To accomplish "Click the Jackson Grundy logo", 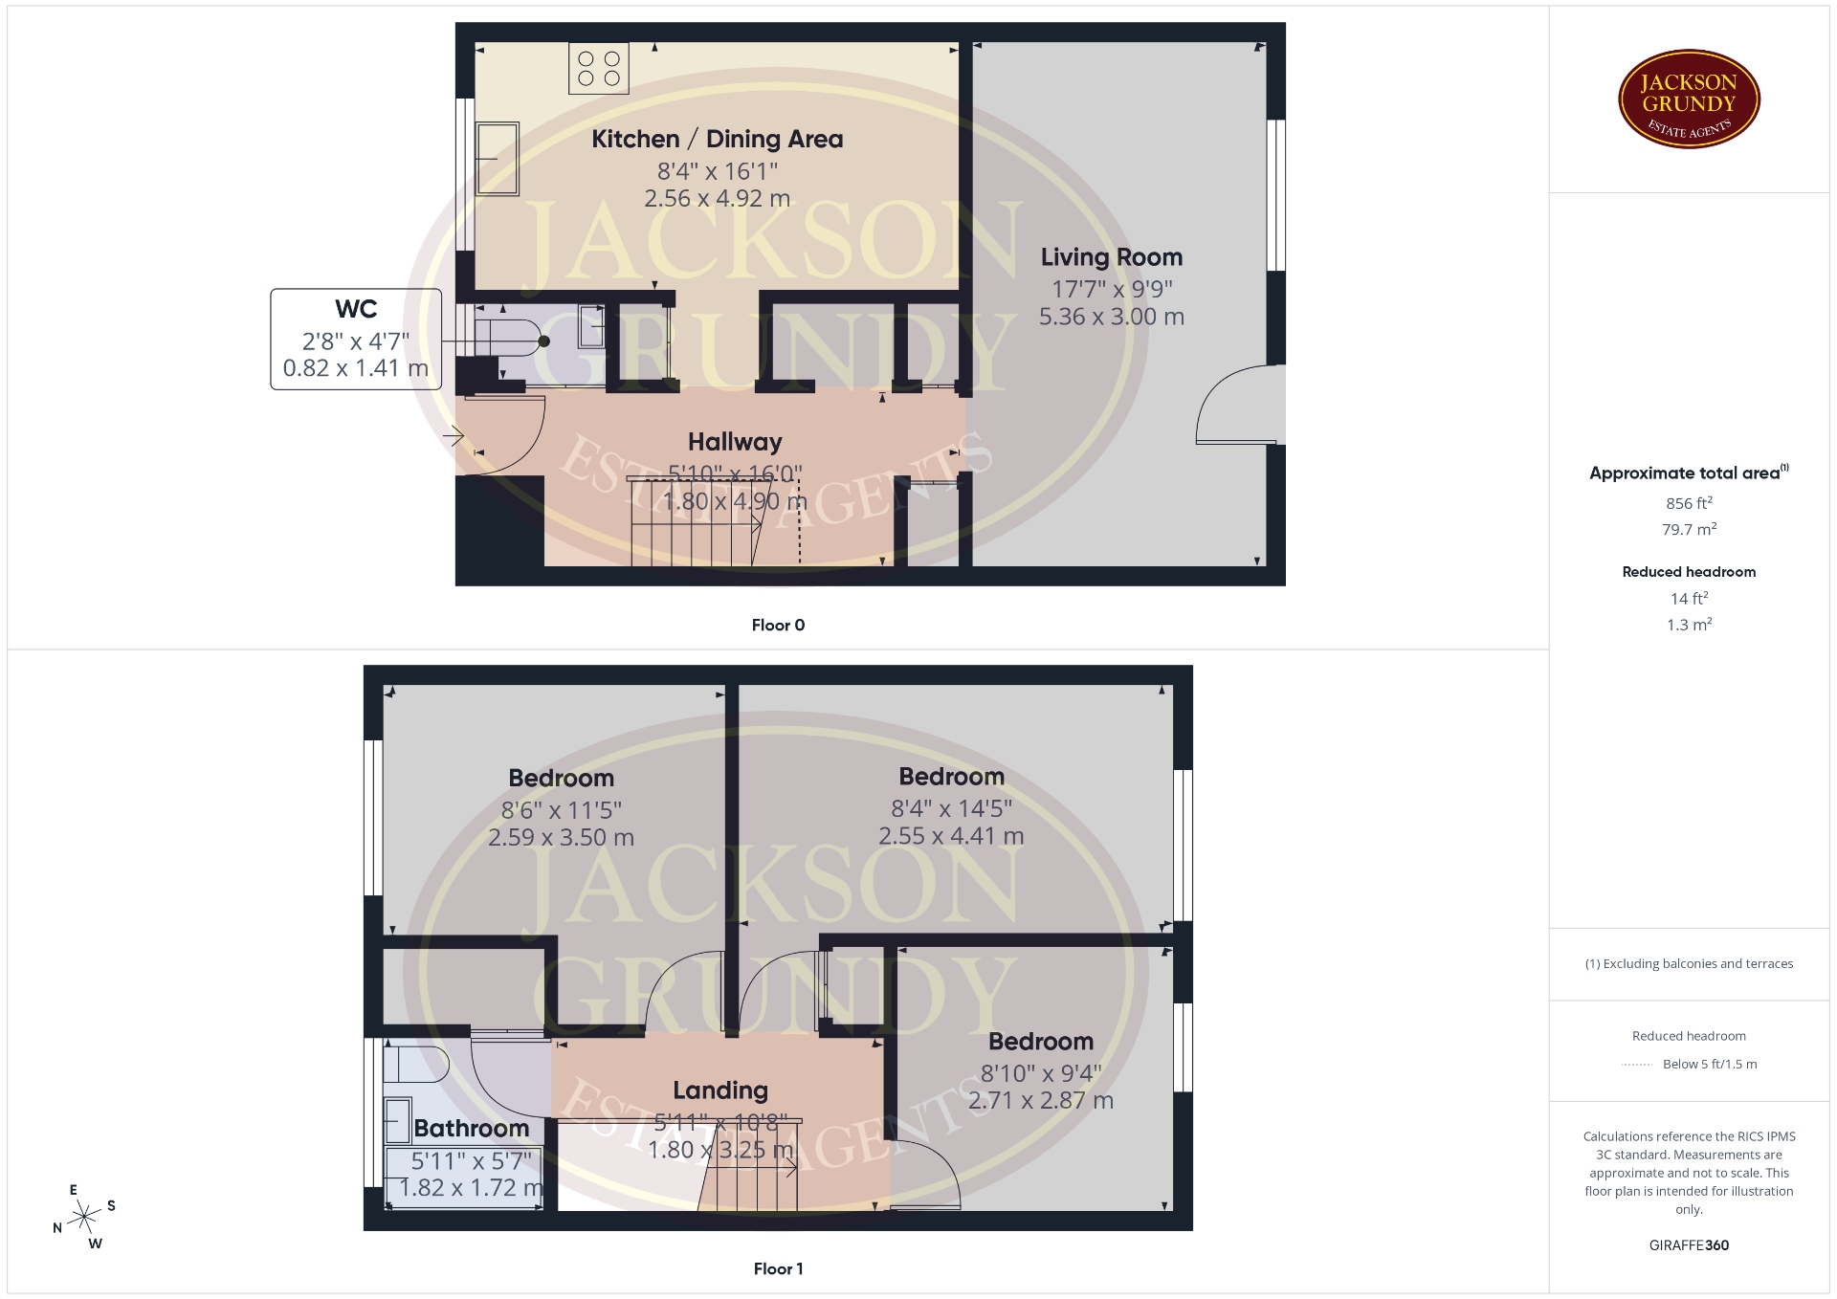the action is tap(1689, 99).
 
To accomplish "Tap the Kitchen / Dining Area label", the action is tap(718, 140).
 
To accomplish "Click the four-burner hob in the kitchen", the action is tap(599, 68).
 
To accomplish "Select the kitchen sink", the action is tap(498, 158).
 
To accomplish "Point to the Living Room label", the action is tap(1112, 257).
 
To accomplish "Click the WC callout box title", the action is tap(356, 309).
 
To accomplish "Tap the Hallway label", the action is tap(735, 442).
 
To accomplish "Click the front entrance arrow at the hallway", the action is tap(454, 437).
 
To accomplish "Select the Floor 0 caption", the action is tap(778, 626).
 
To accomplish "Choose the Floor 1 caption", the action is tap(778, 1269).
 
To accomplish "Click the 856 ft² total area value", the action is tap(1689, 503).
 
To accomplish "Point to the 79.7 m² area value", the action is tap(1689, 529).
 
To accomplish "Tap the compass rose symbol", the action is tap(85, 1217).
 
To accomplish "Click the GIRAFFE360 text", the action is tap(1689, 1245).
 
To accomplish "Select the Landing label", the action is tap(720, 1090).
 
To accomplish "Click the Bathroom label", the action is tap(472, 1129).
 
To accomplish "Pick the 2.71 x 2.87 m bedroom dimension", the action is tap(1041, 1101).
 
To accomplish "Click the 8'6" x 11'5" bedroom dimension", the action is tap(562, 811).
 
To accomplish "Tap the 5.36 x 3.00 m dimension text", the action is tap(1112, 317).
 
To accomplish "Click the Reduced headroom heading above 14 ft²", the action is tap(1689, 572).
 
